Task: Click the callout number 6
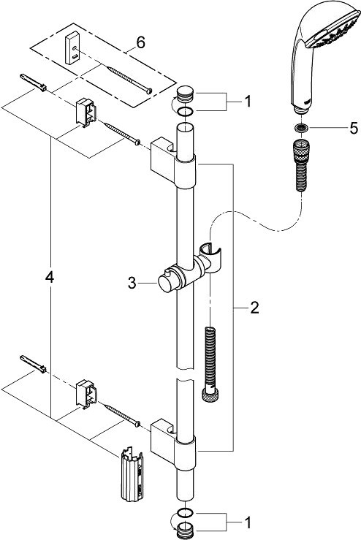click(140, 42)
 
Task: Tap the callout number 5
click(354, 128)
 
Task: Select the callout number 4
click(50, 277)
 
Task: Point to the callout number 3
click(132, 283)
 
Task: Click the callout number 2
click(254, 308)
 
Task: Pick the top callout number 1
click(248, 102)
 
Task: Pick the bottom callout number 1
click(248, 522)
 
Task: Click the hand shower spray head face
click(332, 30)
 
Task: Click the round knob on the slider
click(167, 283)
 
